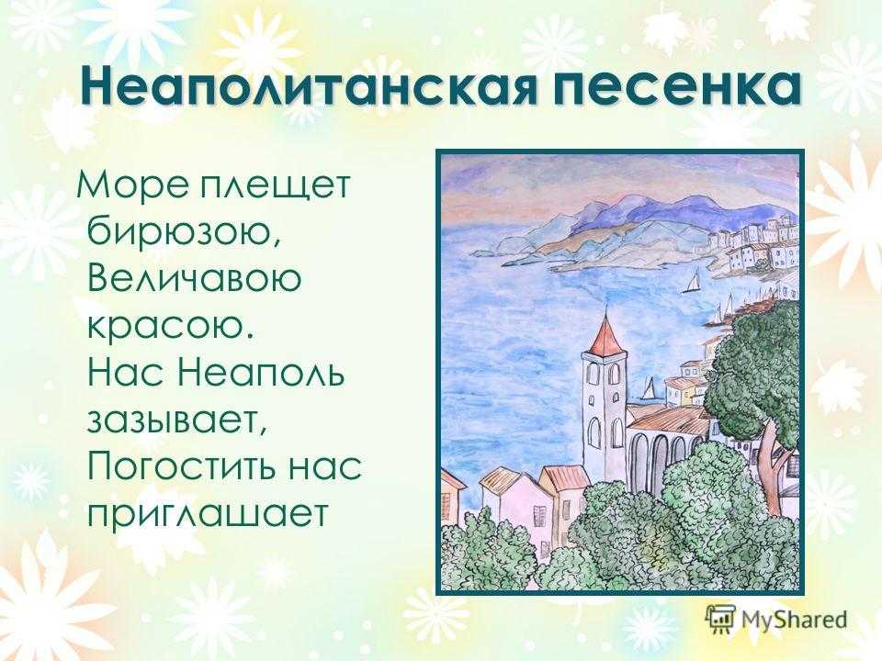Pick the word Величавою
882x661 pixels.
pos(195,278)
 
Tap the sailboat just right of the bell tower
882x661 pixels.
pos(649,389)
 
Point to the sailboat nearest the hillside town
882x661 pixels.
pos(693,281)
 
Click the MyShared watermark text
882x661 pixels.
pos(794,621)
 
